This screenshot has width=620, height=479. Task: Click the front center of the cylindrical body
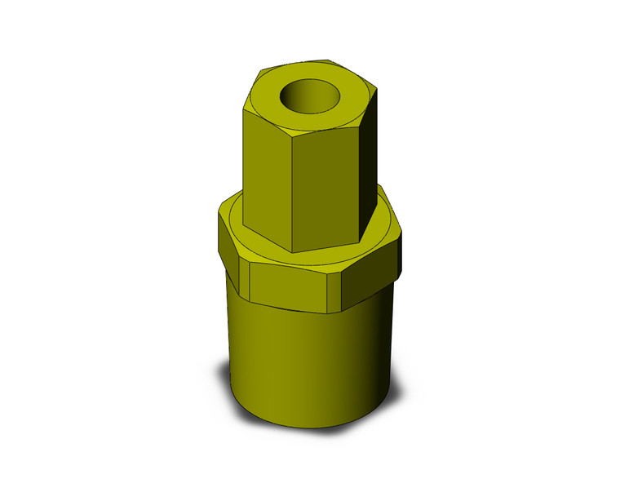302,359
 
